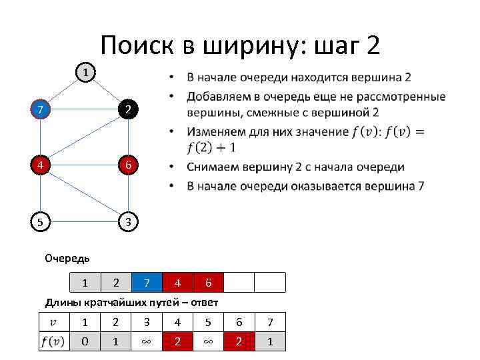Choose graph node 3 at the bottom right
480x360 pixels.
127,222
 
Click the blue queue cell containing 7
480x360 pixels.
147,283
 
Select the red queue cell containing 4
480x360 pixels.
177,283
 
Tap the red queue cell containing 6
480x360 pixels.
208,283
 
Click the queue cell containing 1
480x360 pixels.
85,283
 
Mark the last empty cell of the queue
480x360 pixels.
269,283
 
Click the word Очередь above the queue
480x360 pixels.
67,257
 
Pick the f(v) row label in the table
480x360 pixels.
53,342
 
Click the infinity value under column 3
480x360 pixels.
147,342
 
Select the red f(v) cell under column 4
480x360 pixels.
177,342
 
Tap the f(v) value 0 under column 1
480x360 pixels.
85,342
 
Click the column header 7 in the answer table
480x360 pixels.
269,322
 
